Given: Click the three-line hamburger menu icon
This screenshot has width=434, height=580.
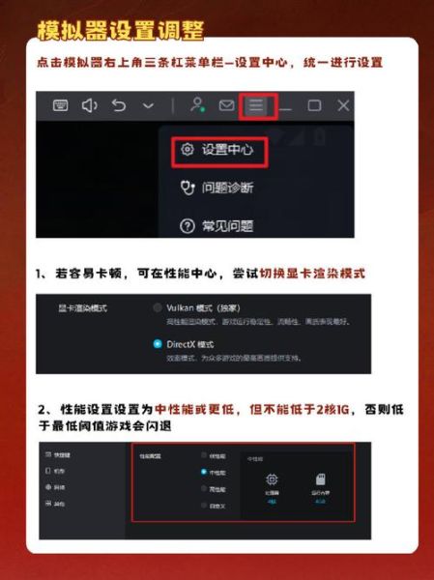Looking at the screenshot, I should (256, 105).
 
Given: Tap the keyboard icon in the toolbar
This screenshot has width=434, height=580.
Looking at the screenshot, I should (60, 105).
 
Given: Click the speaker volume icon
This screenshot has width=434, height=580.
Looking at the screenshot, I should (90, 105).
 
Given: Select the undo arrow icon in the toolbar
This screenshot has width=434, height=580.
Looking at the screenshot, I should (119, 105).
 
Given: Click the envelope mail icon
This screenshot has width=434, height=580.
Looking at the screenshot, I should (227, 105).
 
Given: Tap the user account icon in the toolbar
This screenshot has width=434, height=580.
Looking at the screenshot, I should (198, 105).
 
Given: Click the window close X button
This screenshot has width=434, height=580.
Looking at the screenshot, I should (343, 105).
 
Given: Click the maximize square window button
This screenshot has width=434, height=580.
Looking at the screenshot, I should (314, 105).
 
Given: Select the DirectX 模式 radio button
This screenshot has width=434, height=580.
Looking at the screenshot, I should (158, 343).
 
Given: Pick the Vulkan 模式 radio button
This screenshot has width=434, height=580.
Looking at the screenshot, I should (158, 306).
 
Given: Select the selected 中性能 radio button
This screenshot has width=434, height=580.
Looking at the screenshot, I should (203, 472).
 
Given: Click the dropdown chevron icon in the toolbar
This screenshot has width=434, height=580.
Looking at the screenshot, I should (148, 105).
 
